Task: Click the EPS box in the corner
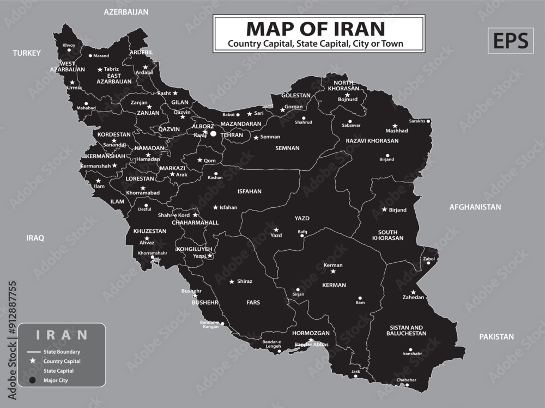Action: point(510,41)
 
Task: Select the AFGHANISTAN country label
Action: point(475,207)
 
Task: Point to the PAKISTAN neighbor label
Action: point(496,337)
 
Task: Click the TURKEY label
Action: point(27,53)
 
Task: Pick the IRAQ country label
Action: point(35,238)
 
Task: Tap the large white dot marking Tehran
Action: point(214,133)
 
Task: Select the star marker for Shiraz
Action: point(232,281)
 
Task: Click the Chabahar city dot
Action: point(407,385)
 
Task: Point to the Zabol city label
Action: point(429,258)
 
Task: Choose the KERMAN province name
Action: point(334,285)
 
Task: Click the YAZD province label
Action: point(302,218)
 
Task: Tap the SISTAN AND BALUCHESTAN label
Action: point(407,330)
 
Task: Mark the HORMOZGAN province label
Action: point(311,332)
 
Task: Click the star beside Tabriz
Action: point(100,69)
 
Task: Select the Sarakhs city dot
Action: point(428,121)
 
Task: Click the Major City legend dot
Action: point(32,380)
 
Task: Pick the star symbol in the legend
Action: point(32,361)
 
